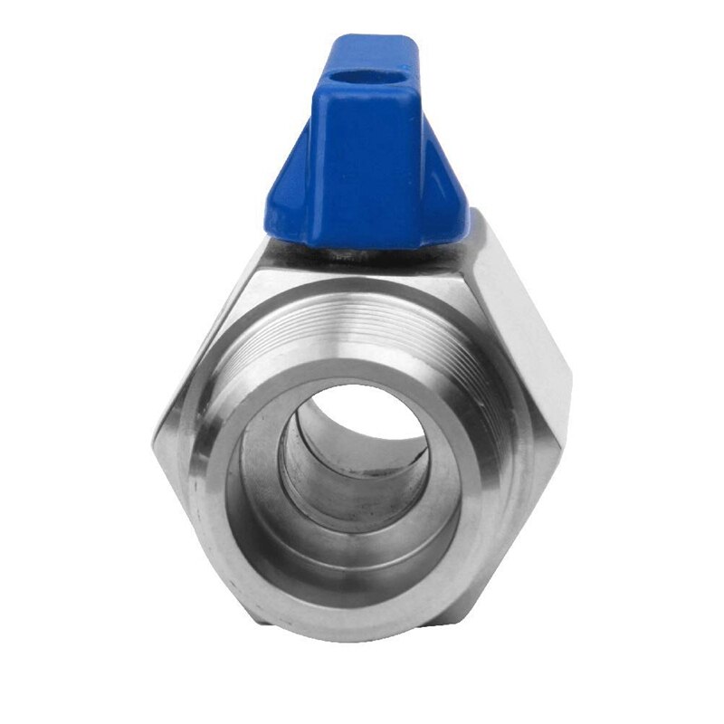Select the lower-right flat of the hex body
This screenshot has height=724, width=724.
coord(534,507)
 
